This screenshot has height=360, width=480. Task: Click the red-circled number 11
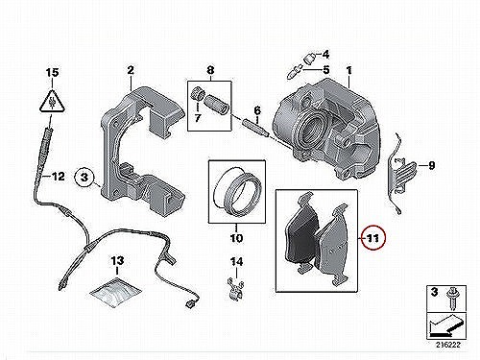coord(373,238)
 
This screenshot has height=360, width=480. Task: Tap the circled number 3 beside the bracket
coord(84,177)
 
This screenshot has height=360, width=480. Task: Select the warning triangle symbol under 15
coord(52,101)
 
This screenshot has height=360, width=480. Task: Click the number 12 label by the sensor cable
coord(58,177)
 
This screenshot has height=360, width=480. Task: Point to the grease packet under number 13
coord(115,293)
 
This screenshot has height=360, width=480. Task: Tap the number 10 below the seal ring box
coord(236,238)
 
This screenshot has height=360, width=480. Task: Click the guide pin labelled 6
coord(254,128)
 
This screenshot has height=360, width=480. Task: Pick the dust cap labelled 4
coord(308,59)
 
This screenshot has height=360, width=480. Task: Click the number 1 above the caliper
coord(348,70)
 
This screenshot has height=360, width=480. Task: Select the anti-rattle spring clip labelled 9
coord(400,173)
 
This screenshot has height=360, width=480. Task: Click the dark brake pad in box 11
coord(301,232)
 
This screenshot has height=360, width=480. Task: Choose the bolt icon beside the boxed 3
coord(452,299)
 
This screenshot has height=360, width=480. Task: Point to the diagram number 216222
coord(447,345)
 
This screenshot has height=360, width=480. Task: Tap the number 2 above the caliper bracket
coord(131,70)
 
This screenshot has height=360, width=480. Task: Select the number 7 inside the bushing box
coord(198,118)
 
